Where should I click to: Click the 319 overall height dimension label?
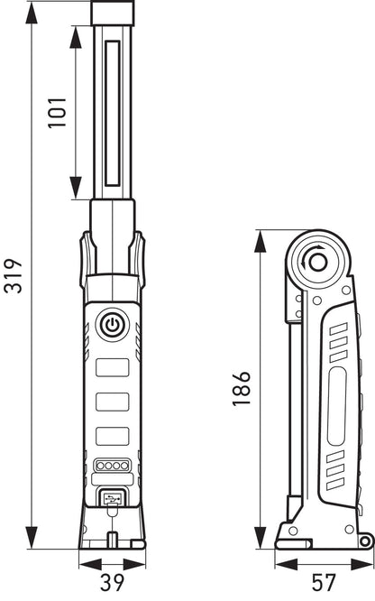pos(13,275)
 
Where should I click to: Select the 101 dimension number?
pos(57,113)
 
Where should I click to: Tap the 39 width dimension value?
pos(113,582)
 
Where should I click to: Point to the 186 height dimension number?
pos(242,388)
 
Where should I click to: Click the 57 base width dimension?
pos(324,582)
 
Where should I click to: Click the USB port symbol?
pos(113,498)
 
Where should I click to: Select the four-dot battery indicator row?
pos(113,466)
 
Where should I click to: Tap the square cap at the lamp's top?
pos(113,13)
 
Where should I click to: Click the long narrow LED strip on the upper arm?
pos(113,113)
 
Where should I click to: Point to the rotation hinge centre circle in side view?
pos(317,264)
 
